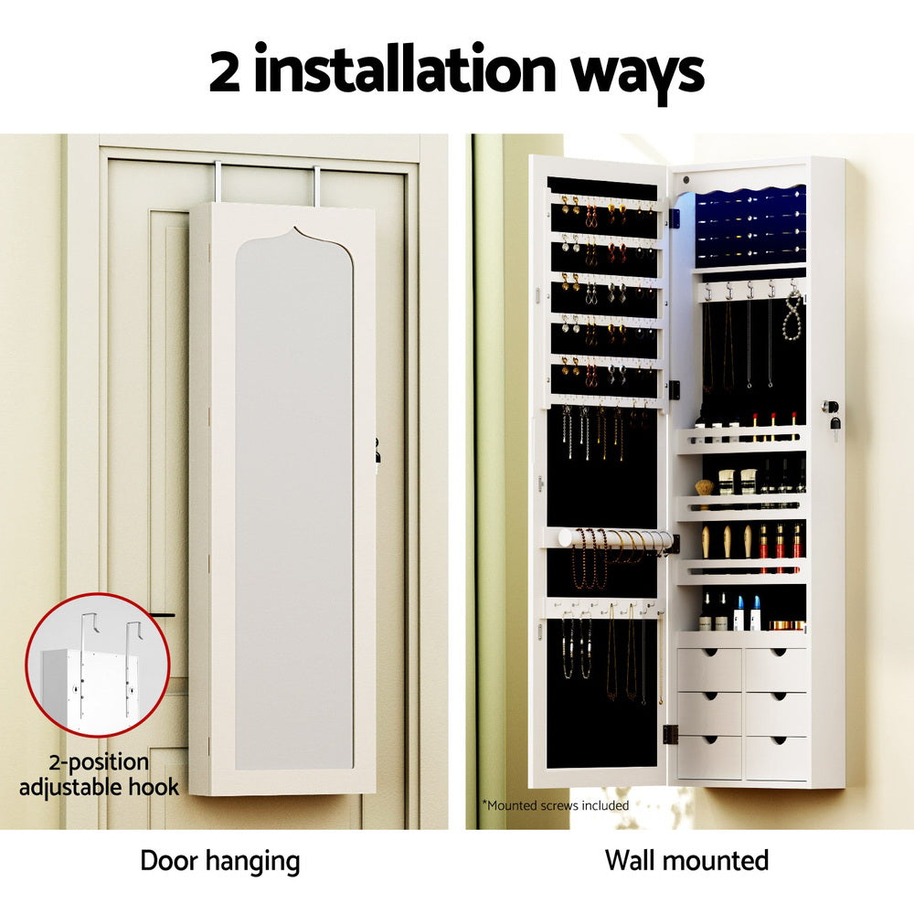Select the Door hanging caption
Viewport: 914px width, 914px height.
219,860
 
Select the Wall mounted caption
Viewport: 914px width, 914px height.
686,860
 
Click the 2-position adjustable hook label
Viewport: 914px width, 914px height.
99,774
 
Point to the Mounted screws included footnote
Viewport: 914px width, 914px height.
555,805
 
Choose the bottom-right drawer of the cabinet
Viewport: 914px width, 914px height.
775,757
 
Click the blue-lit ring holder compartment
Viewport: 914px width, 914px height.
749,225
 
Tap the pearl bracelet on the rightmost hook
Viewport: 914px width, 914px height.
792,315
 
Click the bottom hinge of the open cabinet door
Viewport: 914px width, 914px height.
669,733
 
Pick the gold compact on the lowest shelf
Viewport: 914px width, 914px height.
786,625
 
